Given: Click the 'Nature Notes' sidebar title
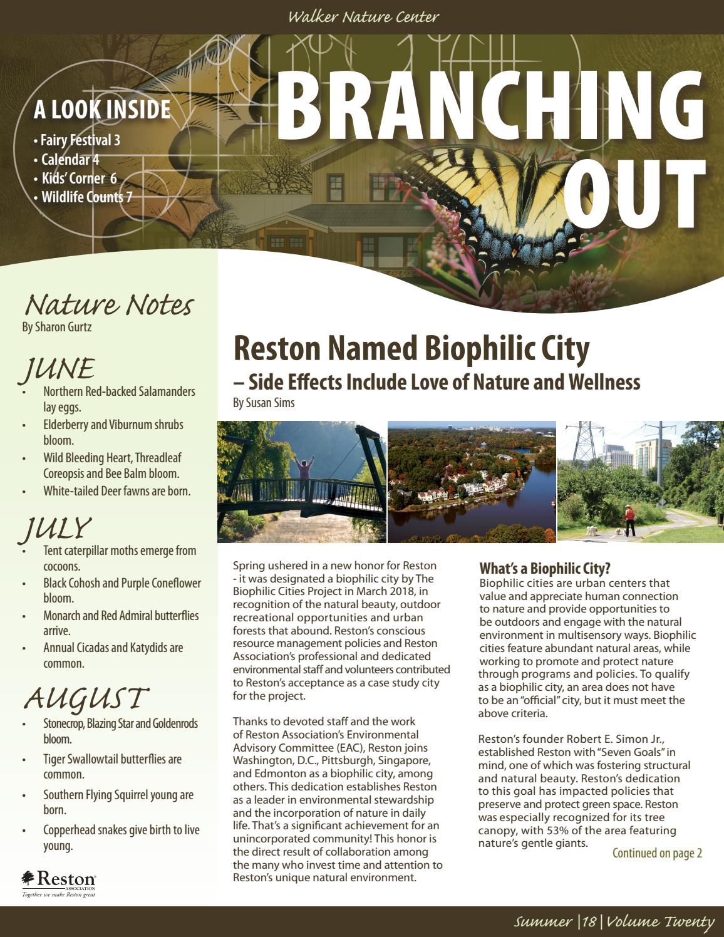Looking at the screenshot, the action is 108,305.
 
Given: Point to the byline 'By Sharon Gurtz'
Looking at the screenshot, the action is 57,327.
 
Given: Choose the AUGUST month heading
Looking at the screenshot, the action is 86,698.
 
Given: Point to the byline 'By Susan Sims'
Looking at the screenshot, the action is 264,403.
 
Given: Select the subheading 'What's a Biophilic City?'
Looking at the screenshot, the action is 544,569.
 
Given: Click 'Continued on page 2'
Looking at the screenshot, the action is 657,853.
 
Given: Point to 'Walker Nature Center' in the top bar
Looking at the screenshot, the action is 363,17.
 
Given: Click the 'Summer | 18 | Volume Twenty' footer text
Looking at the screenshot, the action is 614,921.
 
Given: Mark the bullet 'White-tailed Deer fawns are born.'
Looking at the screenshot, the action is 116,491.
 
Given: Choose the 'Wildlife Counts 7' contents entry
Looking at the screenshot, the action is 86,197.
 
